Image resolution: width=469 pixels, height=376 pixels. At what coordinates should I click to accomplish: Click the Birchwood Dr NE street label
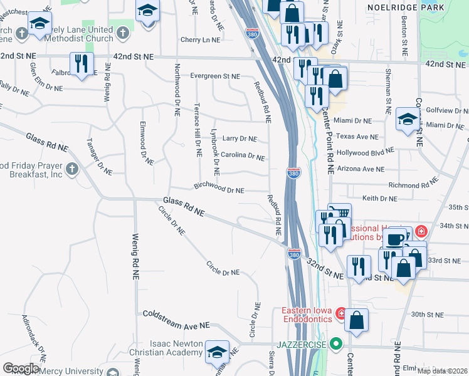[x=219, y=188]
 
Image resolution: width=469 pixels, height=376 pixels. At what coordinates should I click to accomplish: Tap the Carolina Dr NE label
[x=243, y=156]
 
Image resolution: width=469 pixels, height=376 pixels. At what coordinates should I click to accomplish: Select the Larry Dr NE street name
[x=240, y=139]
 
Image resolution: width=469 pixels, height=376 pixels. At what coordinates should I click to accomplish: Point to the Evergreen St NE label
[x=215, y=76]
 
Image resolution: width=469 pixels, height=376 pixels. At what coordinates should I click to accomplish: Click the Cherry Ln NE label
[x=200, y=39]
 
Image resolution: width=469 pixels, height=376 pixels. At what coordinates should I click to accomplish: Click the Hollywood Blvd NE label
[x=365, y=152]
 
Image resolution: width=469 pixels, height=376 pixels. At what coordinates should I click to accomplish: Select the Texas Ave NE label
[x=357, y=136]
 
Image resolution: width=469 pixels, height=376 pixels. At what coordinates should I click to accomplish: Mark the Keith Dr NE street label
[x=380, y=199]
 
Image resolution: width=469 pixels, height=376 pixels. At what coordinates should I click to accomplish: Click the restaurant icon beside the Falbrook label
[x=82, y=63]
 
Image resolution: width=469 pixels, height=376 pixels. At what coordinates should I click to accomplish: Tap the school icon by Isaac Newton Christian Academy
[x=218, y=352]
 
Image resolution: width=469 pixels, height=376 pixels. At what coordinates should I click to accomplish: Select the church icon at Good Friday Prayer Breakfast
[x=73, y=169]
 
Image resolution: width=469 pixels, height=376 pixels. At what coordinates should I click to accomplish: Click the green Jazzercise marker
[x=336, y=343]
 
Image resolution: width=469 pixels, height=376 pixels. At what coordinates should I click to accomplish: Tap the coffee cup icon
[x=394, y=239]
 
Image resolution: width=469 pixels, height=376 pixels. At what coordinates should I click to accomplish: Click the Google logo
[x=21, y=368]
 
